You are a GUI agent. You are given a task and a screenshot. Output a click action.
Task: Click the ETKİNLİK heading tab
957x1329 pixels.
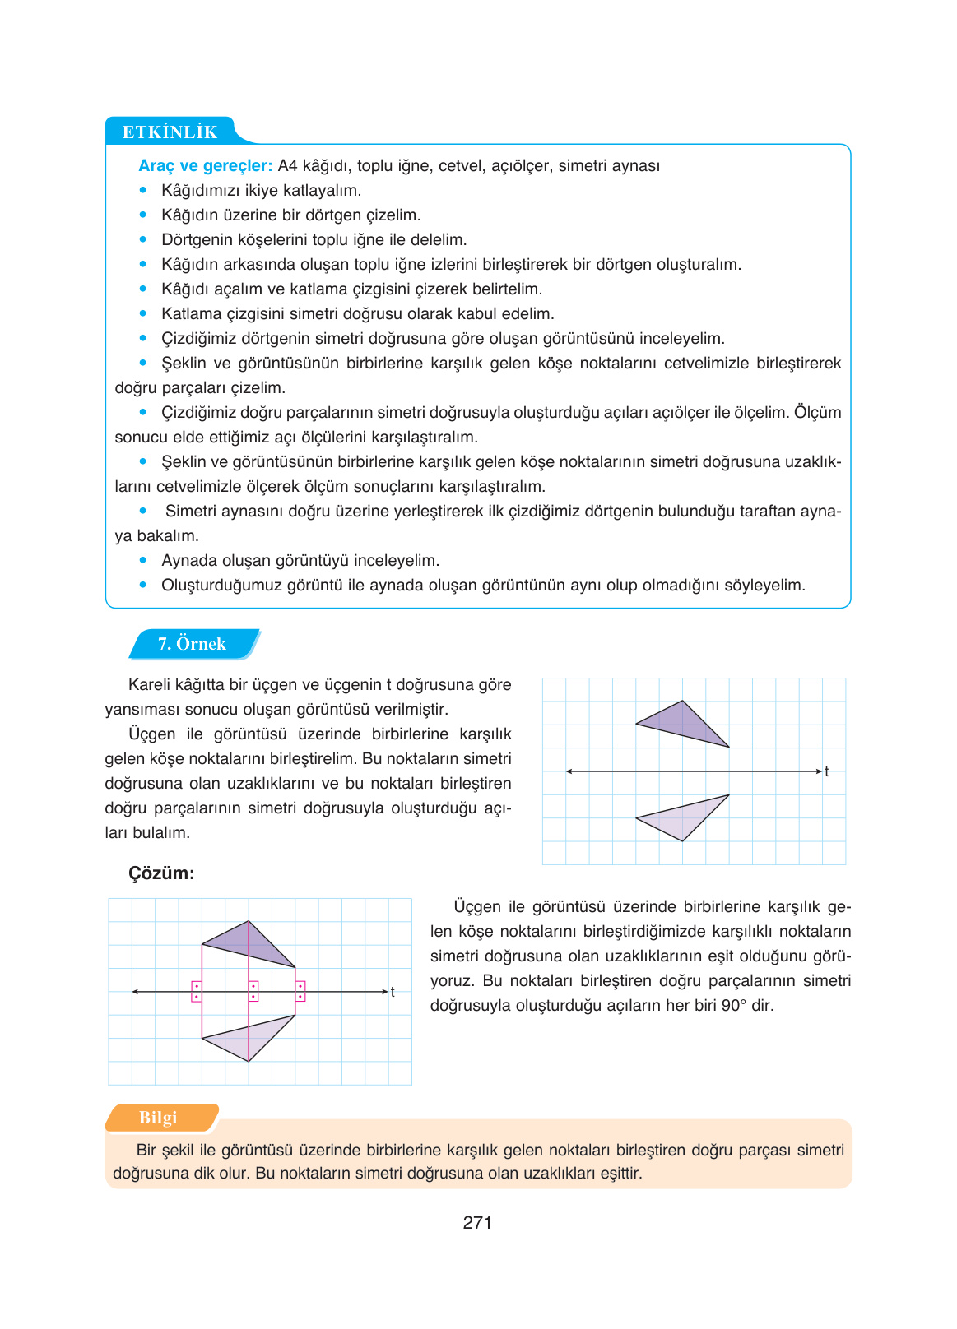click(170, 132)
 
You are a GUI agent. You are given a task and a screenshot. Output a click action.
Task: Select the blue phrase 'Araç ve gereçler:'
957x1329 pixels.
click(205, 165)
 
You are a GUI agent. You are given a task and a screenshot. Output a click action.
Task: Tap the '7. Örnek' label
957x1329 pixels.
click(192, 644)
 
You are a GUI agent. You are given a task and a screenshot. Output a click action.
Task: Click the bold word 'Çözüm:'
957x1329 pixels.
click(161, 873)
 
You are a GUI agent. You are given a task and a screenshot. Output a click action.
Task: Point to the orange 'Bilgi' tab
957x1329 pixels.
click(158, 1118)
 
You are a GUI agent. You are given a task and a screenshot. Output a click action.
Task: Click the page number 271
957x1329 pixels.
click(477, 1222)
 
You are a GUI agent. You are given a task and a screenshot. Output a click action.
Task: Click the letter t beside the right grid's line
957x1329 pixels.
click(826, 771)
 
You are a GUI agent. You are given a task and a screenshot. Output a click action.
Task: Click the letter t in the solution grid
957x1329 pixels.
click(393, 992)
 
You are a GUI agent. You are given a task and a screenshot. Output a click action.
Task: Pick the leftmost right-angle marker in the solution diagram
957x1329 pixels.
click(197, 991)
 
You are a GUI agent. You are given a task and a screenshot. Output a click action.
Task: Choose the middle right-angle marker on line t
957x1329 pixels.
click(253, 991)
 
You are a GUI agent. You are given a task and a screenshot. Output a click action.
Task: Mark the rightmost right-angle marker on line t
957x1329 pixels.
click(300, 991)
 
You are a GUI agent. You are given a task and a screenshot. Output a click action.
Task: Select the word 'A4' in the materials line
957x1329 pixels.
click(287, 165)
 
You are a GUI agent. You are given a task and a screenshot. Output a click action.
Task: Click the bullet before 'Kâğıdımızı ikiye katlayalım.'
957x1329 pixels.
click(143, 190)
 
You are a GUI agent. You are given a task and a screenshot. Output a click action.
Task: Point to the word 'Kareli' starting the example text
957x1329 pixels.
click(151, 684)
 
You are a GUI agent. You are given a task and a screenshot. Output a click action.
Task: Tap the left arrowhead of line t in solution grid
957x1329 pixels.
click(135, 992)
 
